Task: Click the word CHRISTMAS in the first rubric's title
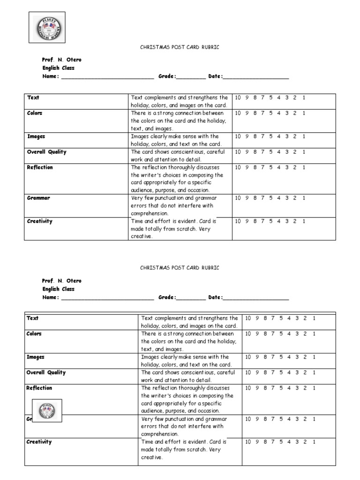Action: tap(152, 47)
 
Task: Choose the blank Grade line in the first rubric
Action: tap(191, 76)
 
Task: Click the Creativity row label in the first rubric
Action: tap(40, 221)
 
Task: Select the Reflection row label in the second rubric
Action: tap(39, 388)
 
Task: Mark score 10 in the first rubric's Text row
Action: tap(238, 97)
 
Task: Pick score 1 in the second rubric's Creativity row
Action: tap(314, 442)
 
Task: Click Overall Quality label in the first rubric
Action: tap(46, 152)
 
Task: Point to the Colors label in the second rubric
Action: tap(34, 334)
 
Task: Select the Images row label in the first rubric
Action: tap(36, 136)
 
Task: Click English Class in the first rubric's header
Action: tap(58, 68)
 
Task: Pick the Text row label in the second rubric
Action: tap(33, 318)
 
